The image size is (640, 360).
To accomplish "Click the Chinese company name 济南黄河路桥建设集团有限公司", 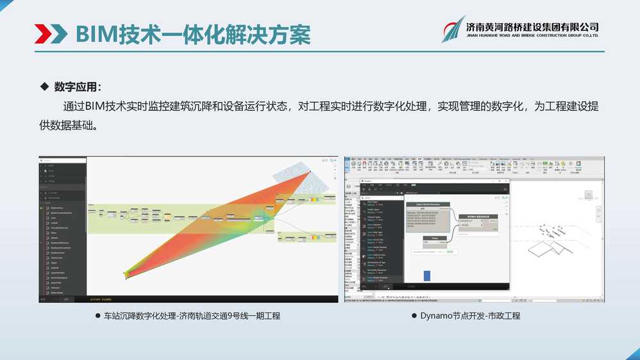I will [x=532, y=26].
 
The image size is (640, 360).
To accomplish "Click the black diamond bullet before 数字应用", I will [x=44, y=86].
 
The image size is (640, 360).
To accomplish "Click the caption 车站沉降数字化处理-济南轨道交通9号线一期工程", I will [x=192, y=316].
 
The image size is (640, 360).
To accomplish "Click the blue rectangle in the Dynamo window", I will [x=427, y=275].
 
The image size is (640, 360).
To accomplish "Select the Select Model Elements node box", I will [x=428, y=214].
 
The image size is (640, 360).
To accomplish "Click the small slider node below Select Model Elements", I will [x=434, y=241].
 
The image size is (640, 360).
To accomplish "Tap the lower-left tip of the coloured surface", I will [x=127, y=277].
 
